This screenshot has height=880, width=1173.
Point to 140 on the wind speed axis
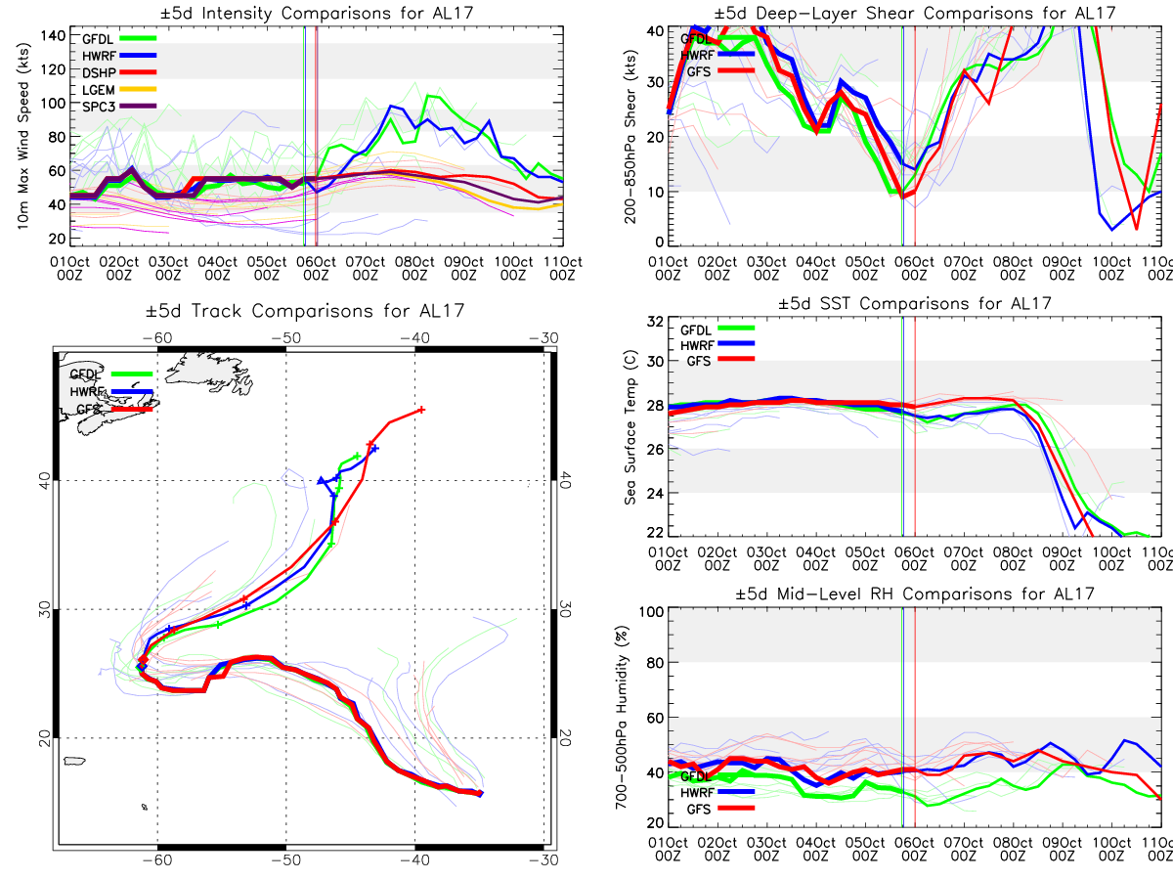(x=54, y=35)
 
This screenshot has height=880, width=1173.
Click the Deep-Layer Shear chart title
(x=914, y=13)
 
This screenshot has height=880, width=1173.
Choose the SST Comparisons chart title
(x=914, y=303)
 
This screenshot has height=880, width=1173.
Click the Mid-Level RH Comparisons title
(x=914, y=594)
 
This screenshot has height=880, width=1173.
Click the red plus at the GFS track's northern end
(x=421, y=410)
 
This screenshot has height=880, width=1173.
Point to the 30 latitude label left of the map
(x=43, y=608)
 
